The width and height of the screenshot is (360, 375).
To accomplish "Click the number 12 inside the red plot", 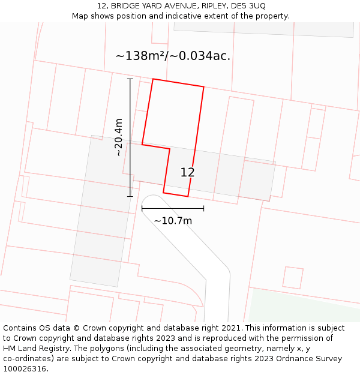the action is (187, 173).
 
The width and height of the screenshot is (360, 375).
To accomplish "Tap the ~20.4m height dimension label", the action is (119, 137).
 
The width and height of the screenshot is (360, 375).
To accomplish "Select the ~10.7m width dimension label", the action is (173, 221).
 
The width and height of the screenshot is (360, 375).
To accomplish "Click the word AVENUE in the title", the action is (175, 6).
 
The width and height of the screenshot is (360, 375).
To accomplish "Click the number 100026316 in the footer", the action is (25, 369).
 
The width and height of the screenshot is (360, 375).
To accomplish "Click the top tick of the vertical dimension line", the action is (130, 79).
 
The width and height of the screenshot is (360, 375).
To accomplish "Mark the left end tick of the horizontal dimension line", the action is (142, 208).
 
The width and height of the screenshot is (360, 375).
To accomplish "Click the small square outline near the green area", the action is (293, 278).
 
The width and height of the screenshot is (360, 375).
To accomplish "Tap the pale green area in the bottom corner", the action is (300, 309).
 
